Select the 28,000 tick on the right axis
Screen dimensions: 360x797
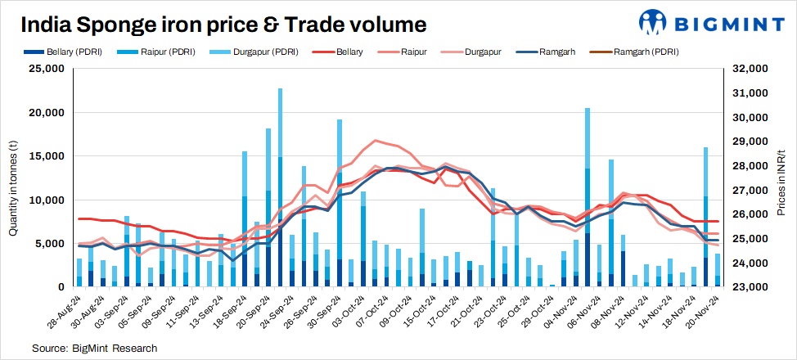[750, 166]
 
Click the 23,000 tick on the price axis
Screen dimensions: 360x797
[750, 287]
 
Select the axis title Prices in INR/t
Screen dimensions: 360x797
[782, 178]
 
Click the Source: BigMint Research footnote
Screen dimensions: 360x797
[94, 349]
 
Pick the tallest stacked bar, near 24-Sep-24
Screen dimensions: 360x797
[280, 188]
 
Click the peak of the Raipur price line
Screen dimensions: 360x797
[376, 141]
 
